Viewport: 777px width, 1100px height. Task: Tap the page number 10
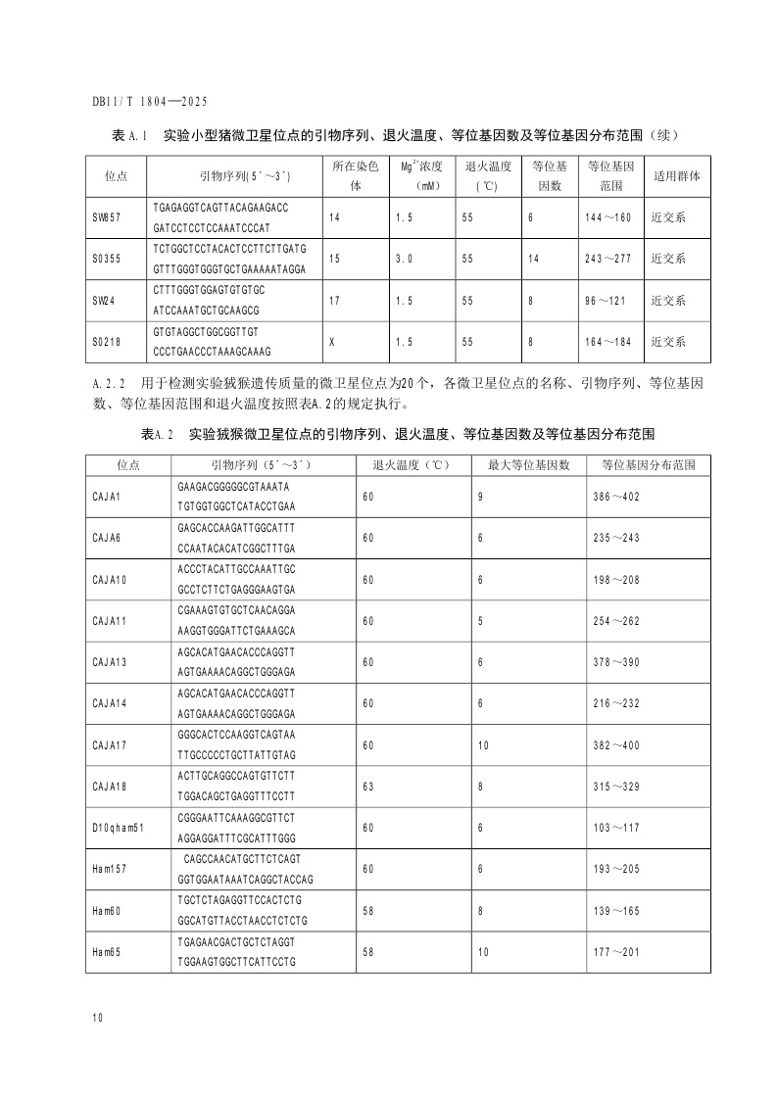(x=98, y=1019)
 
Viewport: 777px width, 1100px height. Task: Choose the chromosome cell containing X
(x=334, y=342)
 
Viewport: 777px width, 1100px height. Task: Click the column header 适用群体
(x=677, y=176)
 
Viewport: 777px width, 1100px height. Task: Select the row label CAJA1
(x=106, y=498)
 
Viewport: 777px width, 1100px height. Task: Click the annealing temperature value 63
(x=368, y=786)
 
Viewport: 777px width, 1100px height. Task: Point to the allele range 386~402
(x=616, y=498)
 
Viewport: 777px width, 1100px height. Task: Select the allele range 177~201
(x=616, y=951)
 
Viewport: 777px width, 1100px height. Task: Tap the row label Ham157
(x=110, y=869)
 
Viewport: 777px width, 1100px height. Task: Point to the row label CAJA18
(x=108, y=786)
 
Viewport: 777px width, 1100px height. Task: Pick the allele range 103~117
(x=616, y=828)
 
